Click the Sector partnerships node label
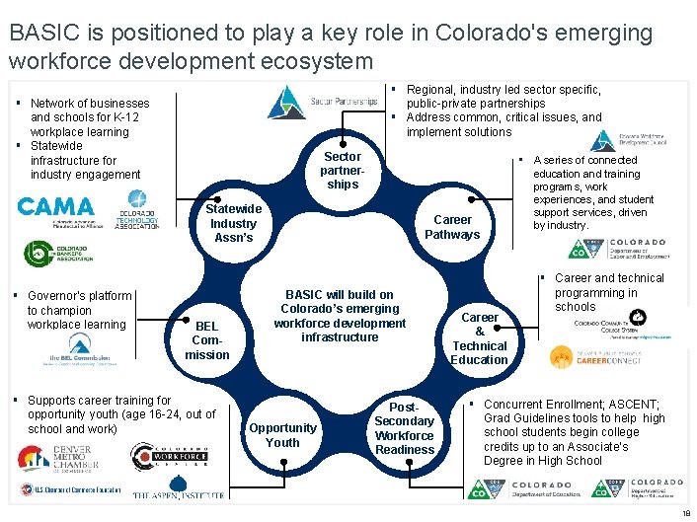point(343,171)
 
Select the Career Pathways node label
point(451,227)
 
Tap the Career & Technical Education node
point(479,338)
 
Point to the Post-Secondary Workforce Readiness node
point(404,428)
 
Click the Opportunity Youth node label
point(282,435)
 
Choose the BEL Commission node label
point(207,340)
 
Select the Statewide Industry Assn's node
point(233,223)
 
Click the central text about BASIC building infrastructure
point(340,316)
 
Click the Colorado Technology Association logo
point(136,218)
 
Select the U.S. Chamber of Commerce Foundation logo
point(68,489)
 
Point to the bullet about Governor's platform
point(79,310)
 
